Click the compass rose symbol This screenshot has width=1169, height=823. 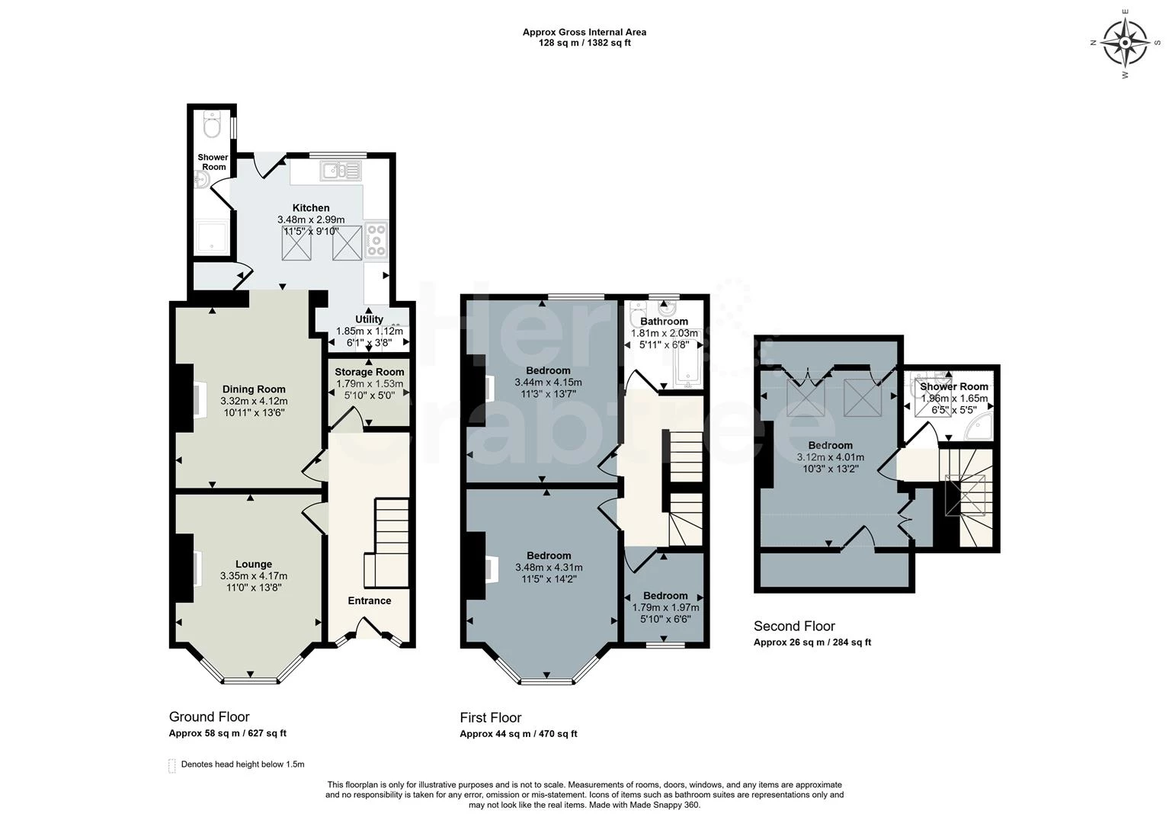1125,43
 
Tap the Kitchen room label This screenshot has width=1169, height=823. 310,208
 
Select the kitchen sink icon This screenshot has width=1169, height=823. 341,171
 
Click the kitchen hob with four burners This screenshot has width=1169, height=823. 376,240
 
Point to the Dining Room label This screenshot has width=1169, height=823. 254,389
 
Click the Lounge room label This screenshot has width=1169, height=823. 254,564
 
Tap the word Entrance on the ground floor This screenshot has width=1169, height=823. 370,600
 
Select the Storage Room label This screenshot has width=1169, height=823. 370,372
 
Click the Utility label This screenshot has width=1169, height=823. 370,319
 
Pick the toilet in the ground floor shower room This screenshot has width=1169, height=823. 213,124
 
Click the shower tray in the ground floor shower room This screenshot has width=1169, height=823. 211,238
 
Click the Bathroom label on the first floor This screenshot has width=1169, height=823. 664,322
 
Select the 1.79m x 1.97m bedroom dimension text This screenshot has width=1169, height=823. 665,607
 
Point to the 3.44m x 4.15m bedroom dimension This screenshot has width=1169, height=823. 548,382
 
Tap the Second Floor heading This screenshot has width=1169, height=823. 794,626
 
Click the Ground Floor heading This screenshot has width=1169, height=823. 210,716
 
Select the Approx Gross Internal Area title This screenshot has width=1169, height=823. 584,32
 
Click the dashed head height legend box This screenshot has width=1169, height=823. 172,766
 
